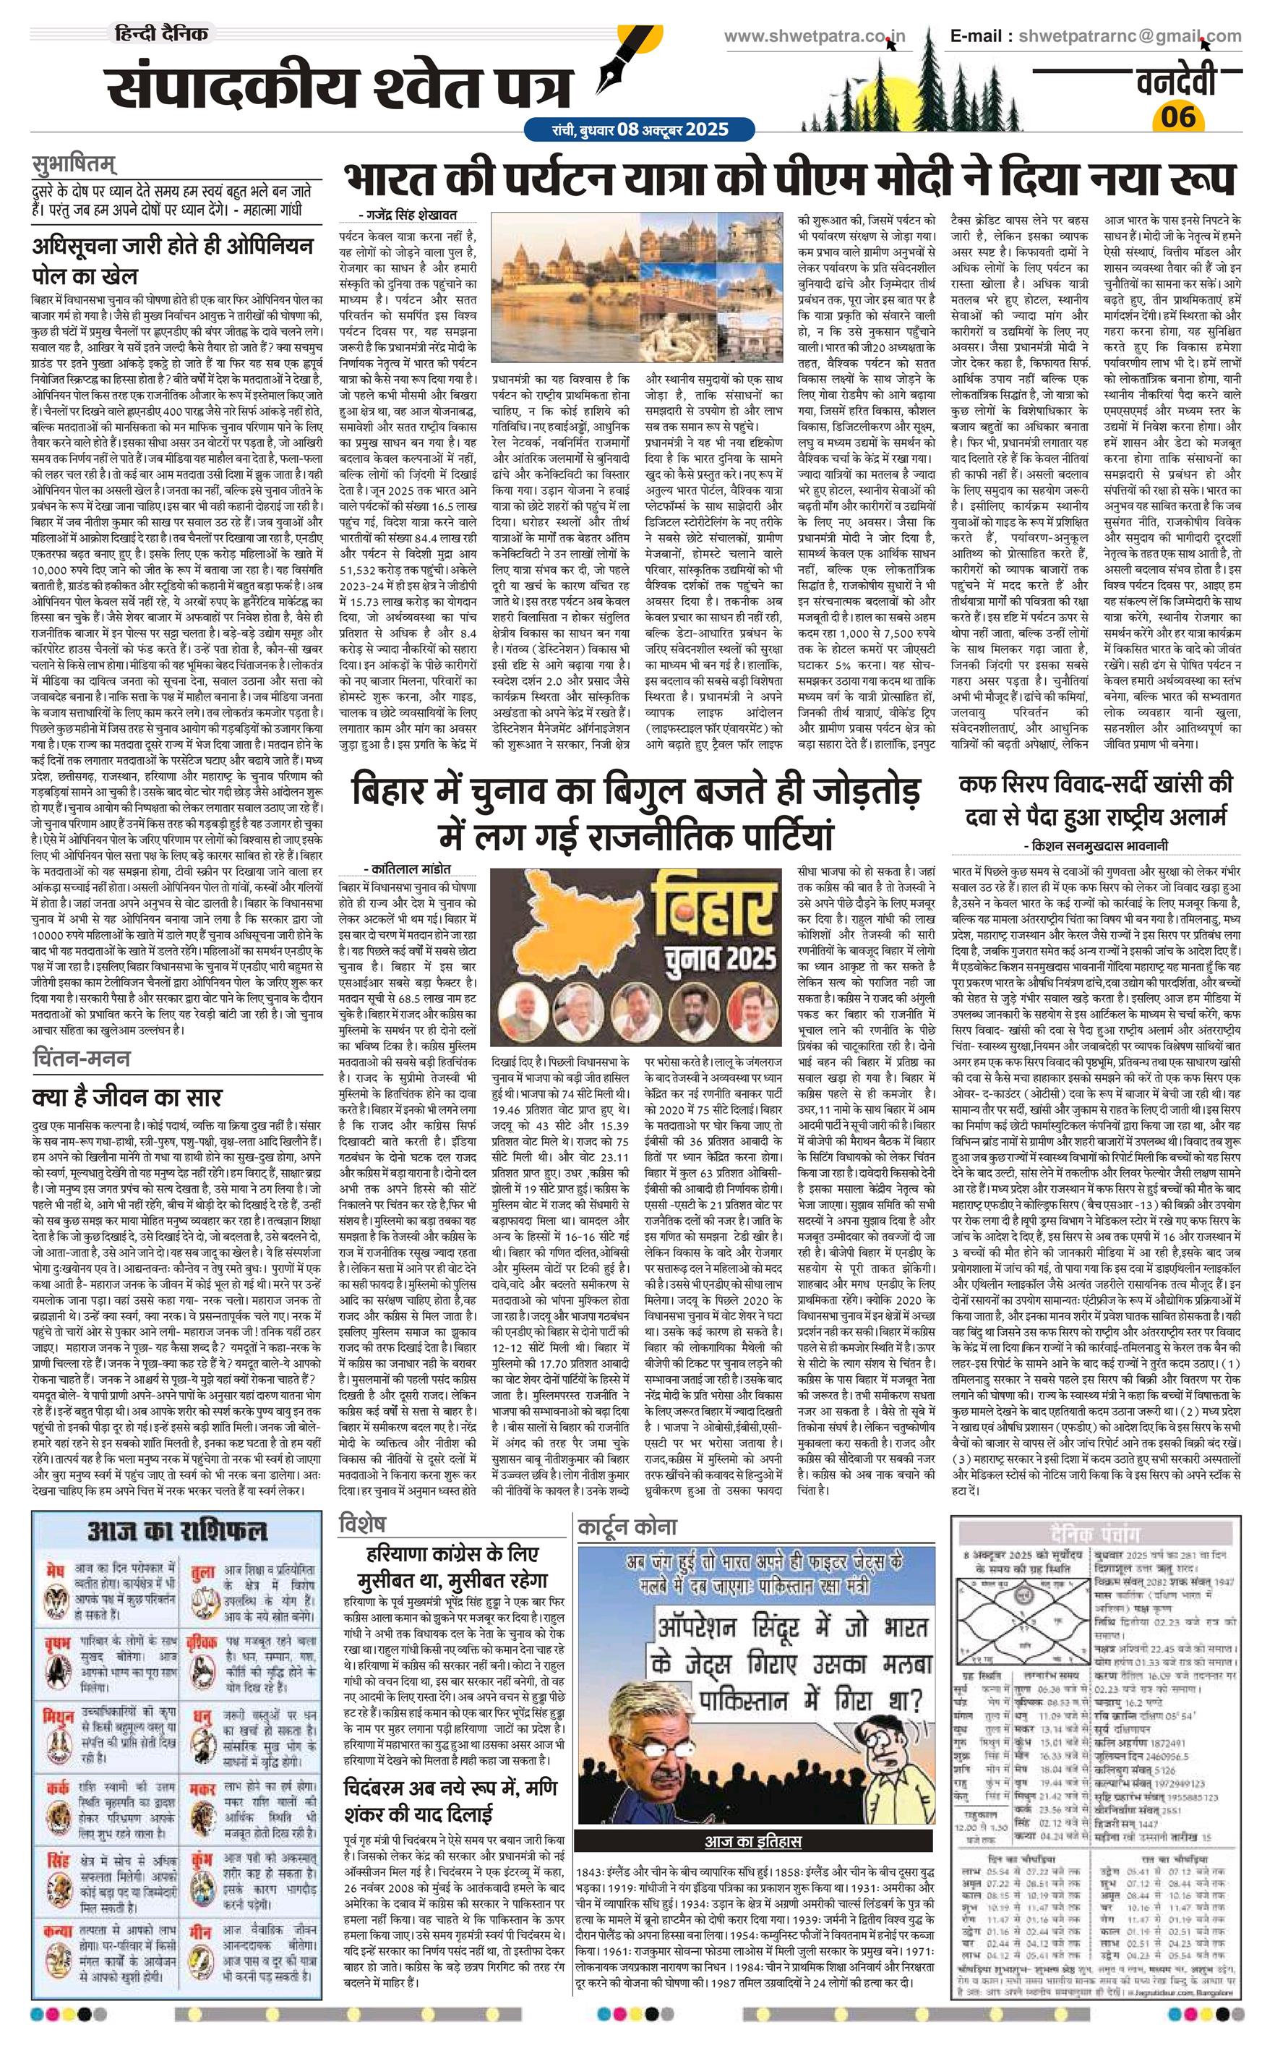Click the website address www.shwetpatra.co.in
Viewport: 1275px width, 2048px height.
coord(815,36)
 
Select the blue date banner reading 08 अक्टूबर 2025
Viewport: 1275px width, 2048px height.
coord(626,130)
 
